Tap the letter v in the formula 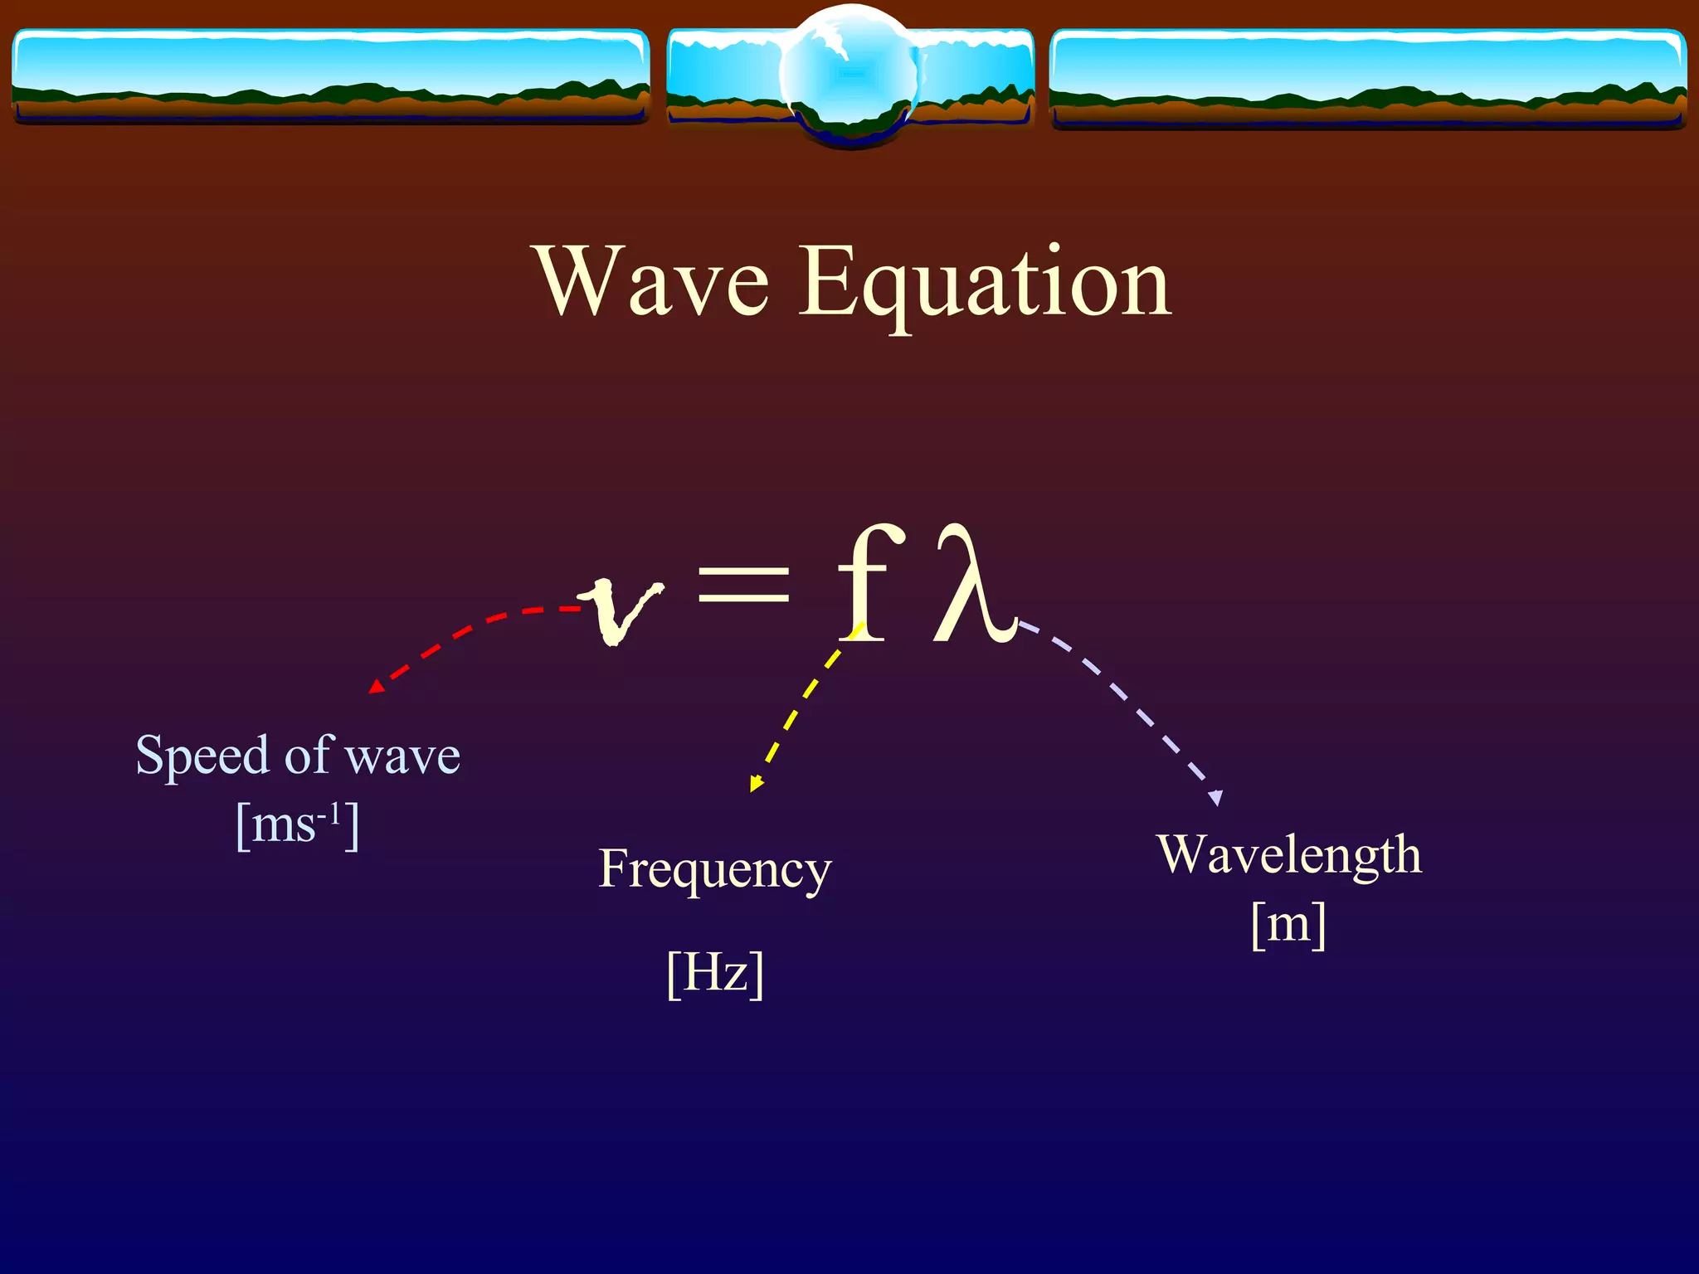621,610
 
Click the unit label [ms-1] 298,825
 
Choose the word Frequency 714,869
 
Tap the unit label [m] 1288,924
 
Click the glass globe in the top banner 849,75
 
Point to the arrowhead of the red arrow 376,687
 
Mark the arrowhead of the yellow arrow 756,783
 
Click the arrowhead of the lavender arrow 1216,798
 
